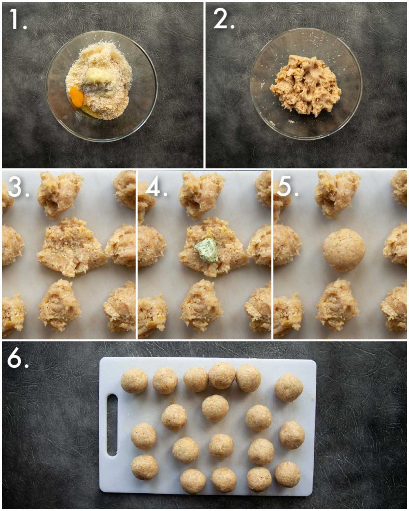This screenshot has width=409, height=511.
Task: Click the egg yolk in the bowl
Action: pyautogui.click(x=76, y=98)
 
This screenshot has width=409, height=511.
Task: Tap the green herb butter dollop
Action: pyautogui.click(x=207, y=250)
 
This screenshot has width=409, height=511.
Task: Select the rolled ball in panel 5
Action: pyautogui.click(x=344, y=250)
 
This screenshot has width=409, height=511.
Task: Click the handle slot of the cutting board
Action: pyautogui.click(x=112, y=425)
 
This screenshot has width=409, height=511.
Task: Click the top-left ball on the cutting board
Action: pyautogui.click(x=134, y=381)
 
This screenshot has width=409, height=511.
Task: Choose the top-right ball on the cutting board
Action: pyautogui.click(x=289, y=388)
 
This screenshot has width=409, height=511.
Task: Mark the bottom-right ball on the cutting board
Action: pyautogui.click(x=288, y=474)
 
